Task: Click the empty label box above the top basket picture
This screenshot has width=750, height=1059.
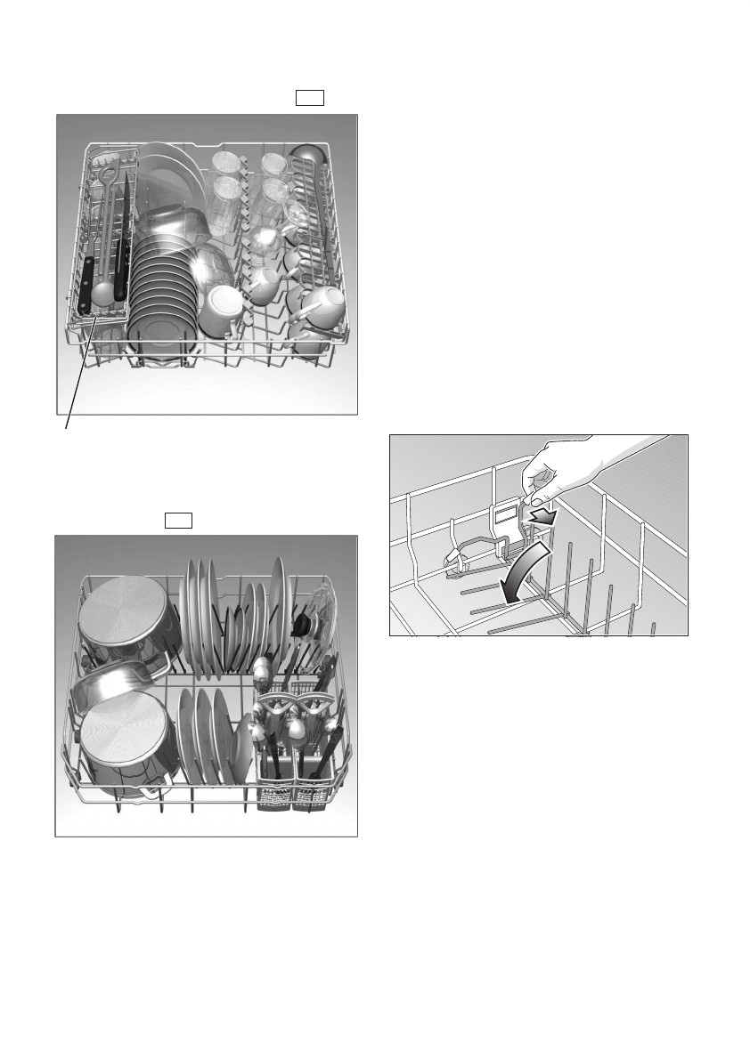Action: [x=310, y=97]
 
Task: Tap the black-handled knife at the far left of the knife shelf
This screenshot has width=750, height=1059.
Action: [x=85, y=284]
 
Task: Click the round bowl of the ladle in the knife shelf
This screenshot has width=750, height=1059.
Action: [x=102, y=291]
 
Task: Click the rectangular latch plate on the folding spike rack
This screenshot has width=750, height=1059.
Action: [x=504, y=515]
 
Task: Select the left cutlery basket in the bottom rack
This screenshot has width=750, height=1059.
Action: [x=273, y=783]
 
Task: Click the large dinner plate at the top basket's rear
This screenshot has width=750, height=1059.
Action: [x=174, y=178]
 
